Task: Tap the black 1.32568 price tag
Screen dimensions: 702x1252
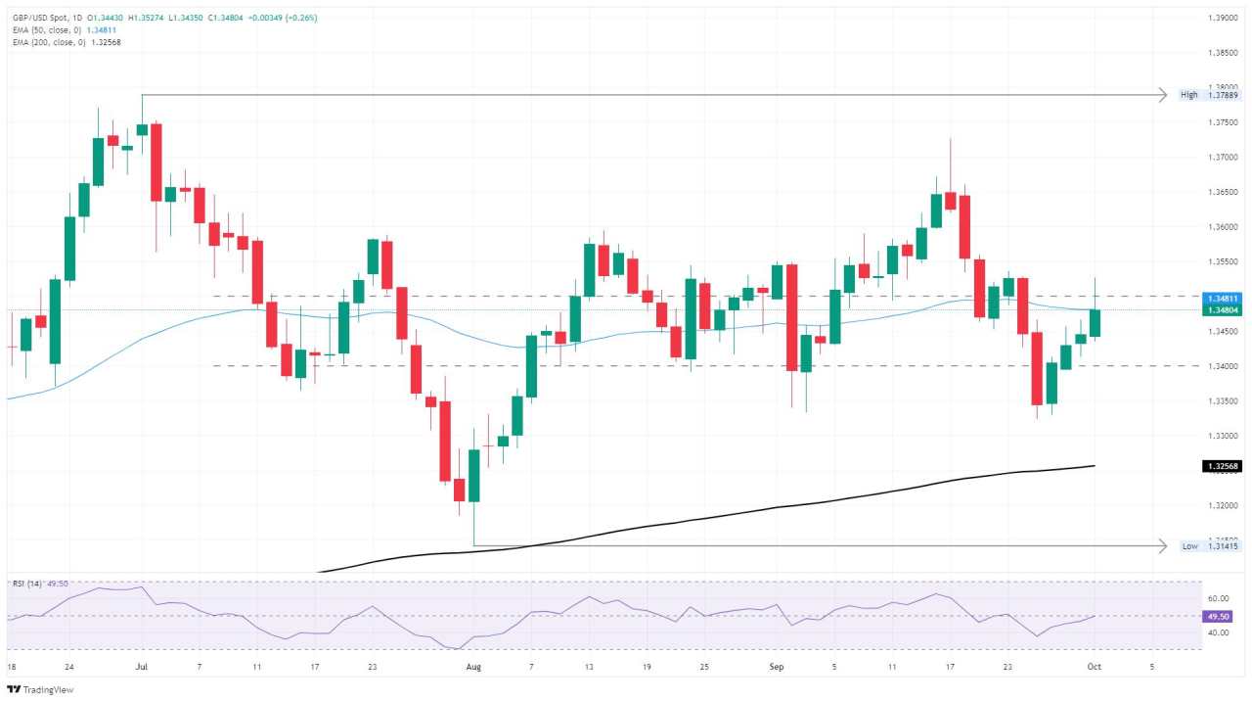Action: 1223,466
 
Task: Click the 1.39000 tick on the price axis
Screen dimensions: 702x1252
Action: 1222,18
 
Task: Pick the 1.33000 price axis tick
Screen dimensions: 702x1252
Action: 1222,436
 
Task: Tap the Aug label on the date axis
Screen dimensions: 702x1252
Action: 473,667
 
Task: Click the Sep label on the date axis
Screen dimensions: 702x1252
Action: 777,667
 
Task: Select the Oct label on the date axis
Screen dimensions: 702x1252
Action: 1095,667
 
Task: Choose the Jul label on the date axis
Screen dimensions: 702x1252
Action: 142,667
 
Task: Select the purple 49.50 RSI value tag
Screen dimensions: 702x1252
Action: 1221,617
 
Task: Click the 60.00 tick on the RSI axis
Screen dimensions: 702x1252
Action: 1218,598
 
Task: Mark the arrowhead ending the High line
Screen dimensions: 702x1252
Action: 1162,95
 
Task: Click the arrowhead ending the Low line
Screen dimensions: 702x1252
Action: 1162,545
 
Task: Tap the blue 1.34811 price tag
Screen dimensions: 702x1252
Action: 1223,298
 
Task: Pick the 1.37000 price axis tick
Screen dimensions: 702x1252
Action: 1222,157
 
